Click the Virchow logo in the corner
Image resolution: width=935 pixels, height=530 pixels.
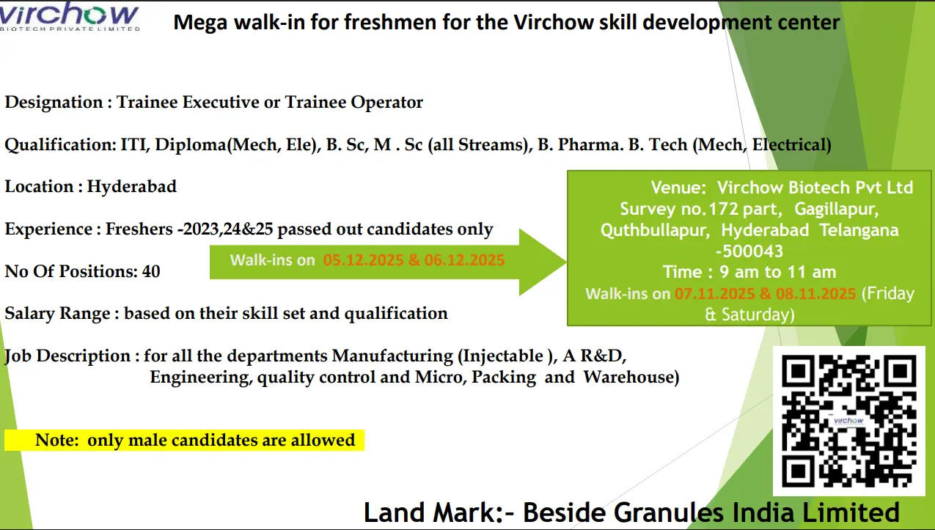click(69, 16)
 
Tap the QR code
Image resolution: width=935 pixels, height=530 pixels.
click(848, 421)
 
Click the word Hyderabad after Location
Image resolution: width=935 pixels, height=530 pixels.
click(131, 186)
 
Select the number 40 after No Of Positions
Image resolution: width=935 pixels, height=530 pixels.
click(151, 272)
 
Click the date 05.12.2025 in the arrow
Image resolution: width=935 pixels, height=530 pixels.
click(364, 260)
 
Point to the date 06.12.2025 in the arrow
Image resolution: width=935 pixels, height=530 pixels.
click(465, 260)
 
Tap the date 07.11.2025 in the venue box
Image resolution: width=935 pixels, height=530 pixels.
click(715, 294)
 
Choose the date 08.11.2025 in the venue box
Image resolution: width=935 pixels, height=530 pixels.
click(816, 294)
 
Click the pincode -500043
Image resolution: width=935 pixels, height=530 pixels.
click(749, 251)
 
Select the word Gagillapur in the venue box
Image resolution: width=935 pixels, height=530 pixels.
click(836, 209)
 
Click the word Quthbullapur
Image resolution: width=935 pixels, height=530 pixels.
click(655, 230)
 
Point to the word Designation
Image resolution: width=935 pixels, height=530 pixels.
click(54, 103)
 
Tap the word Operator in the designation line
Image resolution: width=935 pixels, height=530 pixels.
click(386, 103)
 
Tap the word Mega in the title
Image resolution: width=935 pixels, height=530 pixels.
click(200, 23)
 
